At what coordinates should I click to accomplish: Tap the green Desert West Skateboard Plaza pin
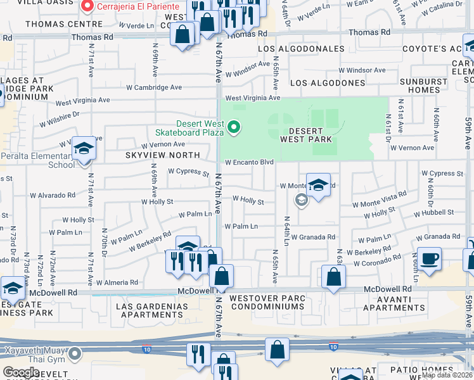click(x=234, y=129)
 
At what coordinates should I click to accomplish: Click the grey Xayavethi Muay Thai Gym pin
click(x=75, y=352)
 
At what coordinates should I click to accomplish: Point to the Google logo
click(x=21, y=372)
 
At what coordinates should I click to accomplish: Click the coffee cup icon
click(x=429, y=258)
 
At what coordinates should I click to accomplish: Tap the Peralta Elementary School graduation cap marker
click(x=84, y=150)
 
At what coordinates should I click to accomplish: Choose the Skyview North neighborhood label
click(x=162, y=155)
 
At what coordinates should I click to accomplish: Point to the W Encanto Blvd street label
click(x=249, y=162)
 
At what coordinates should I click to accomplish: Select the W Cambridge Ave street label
click(x=154, y=87)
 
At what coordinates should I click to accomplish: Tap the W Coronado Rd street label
click(x=379, y=259)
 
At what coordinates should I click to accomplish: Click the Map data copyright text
click(x=447, y=374)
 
